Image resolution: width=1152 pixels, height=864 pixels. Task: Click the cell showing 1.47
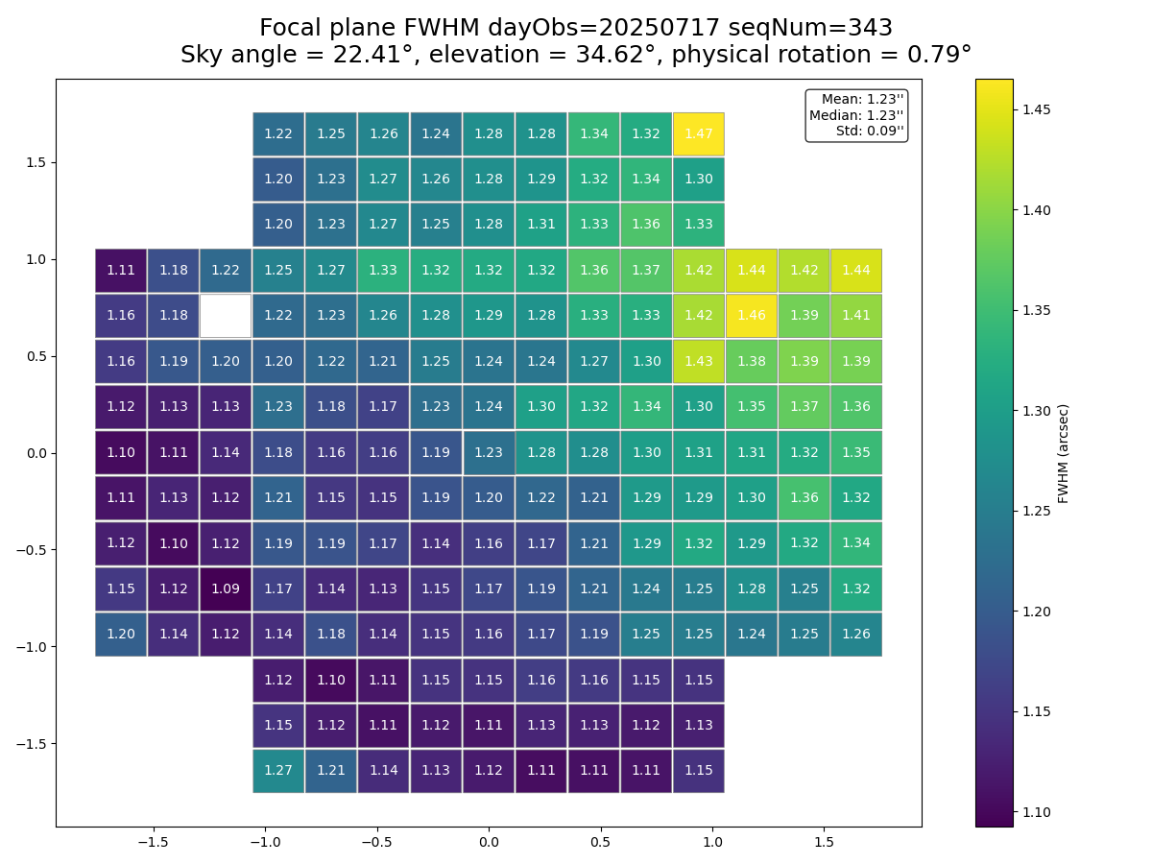(698, 133)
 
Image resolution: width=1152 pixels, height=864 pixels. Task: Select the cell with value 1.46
(751, 316)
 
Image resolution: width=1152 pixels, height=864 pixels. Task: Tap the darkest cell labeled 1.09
(226, 588)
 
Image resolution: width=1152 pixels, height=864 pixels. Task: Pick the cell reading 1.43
(698, 361)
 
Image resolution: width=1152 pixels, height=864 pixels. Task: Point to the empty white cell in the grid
(226, 316)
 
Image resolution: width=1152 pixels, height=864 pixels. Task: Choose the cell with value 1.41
(855, 316)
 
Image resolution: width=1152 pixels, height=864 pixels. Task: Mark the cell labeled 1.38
(751, 361)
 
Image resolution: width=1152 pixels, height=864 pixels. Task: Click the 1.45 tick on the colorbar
(1037, 109)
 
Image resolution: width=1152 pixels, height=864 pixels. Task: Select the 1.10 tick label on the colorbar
(1037, 812)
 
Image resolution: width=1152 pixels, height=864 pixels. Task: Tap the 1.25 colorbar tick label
(1037, 511)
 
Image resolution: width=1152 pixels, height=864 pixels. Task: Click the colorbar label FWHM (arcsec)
(1064, 453)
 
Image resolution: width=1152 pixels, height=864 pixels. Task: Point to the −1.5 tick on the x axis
(153, 842)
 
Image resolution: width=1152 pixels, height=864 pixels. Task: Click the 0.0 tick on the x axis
(489, 842)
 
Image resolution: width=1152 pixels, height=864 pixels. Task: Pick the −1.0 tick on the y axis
(31, 646)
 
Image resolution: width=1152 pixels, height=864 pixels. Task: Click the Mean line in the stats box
(862, 99)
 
